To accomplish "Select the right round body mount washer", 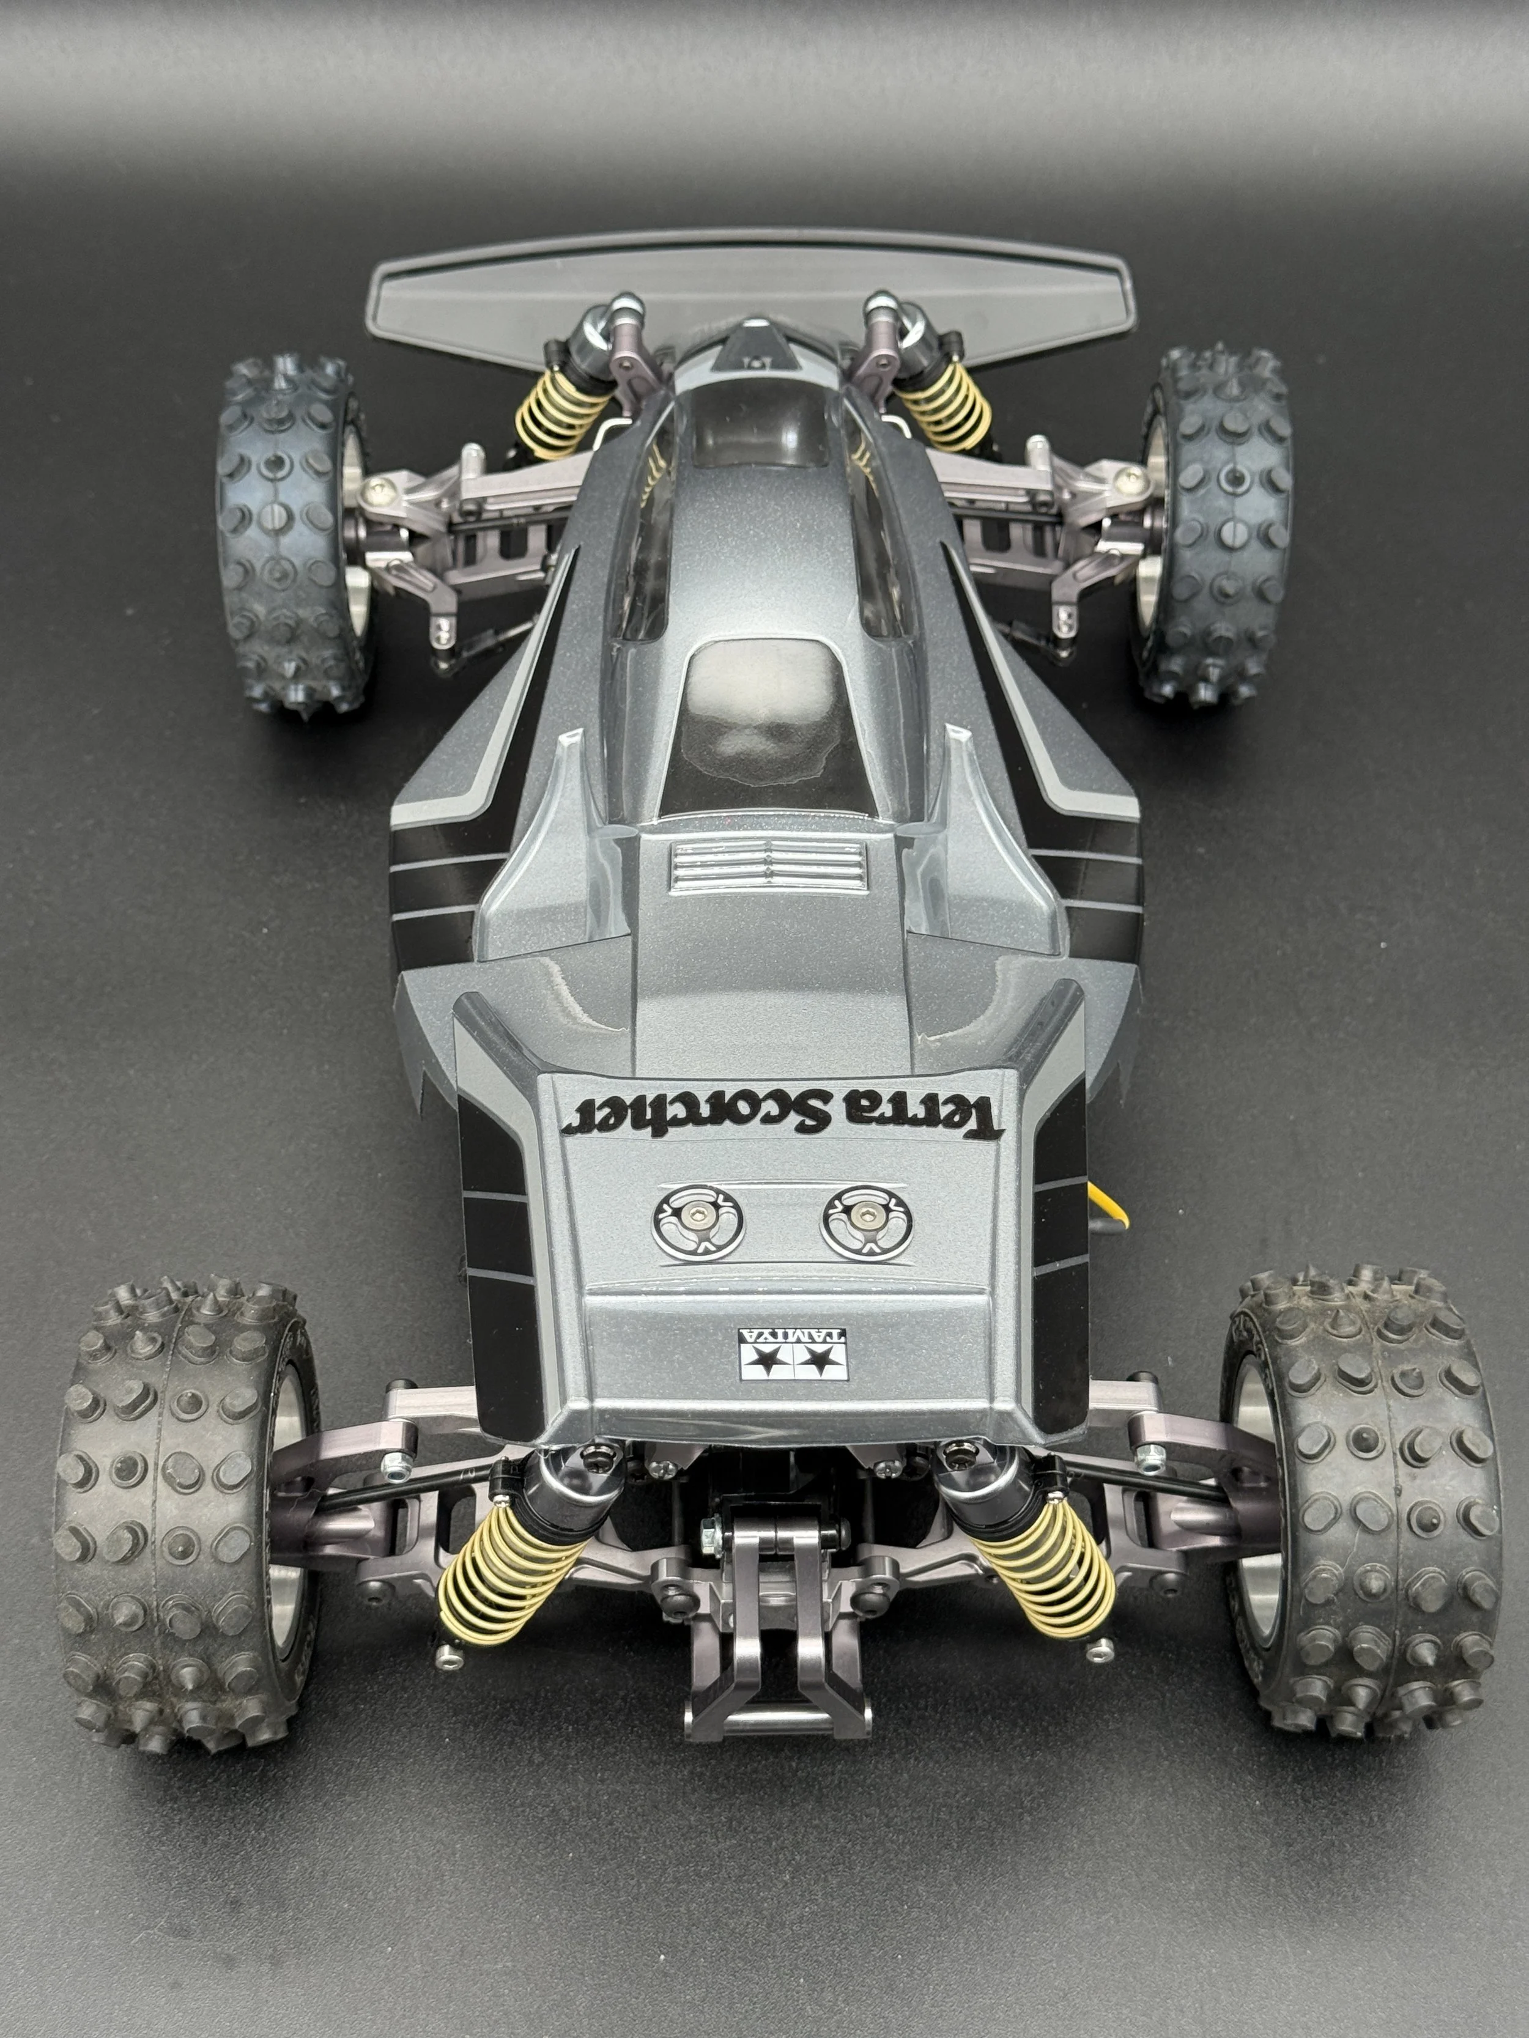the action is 867,1222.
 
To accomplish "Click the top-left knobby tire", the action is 292,533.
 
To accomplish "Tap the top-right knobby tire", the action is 1216,525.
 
